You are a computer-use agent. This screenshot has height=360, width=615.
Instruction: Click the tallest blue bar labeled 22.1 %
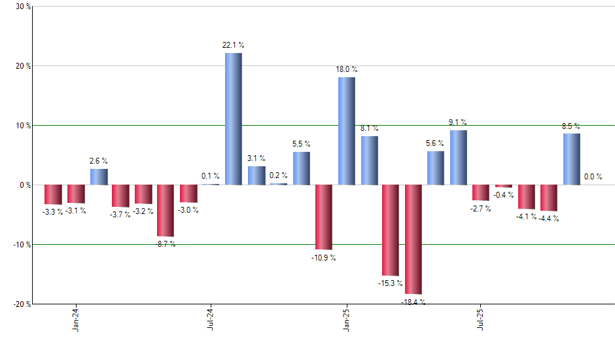(x=234, y=118)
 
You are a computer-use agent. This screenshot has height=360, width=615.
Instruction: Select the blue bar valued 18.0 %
(x=347, y=131)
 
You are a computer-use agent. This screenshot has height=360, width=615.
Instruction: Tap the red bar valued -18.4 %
(x=413, y=239)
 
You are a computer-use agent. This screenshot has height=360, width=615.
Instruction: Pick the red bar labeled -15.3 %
(x=391, y=230)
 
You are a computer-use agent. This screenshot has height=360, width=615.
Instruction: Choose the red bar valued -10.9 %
(x=324, y=217)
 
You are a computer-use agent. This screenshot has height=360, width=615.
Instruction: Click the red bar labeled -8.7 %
(x=166, y=210)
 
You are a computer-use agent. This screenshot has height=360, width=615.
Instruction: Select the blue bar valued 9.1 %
(x=459, y=157)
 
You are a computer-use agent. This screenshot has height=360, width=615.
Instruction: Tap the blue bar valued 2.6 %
(x=99, y=177)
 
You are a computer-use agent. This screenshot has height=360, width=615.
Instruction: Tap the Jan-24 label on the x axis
(x=77, y=319)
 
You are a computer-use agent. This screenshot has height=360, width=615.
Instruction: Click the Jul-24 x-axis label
(x=211, y=319)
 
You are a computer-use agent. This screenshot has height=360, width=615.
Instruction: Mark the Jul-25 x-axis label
(x=482, y=319)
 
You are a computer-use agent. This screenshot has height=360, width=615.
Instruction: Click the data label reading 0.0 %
(x=593, y=176)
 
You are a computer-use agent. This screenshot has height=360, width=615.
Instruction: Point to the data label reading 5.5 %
(x=302, y=143)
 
